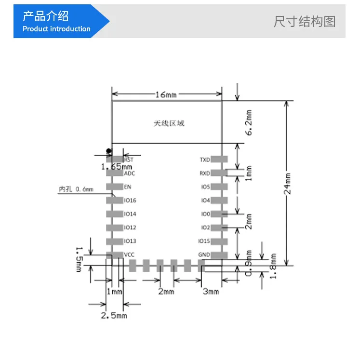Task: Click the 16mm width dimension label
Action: click(166, 95)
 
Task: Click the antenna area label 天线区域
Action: click(169, 123)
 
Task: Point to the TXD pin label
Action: click(204, 160)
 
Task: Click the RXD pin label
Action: click(204, 173)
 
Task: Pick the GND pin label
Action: click(204, 255)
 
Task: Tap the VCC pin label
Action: click(129, 255)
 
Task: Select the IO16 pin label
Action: click(130, 200)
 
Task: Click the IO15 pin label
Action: click(204, 241)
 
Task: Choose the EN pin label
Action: click(128, 187)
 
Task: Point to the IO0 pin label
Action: click(205, 214)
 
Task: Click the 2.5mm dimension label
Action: click(114, 316)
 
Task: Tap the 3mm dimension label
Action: click(211, 292)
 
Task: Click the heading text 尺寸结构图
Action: click(305, 21)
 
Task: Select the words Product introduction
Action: click(56, 29)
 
